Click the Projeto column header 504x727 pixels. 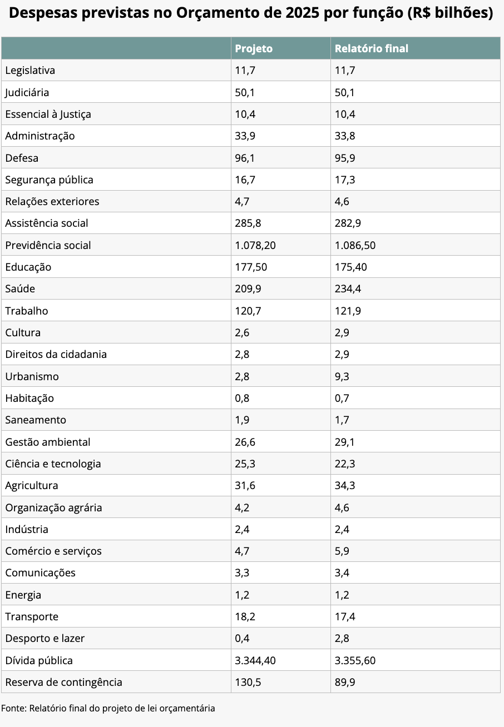point(254,48)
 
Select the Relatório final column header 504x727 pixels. point(371,48)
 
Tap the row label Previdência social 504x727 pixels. point(48,245)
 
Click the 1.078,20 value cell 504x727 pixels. point(255,245)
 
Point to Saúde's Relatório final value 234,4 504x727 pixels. point(348,288)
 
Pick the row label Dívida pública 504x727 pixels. point(38,660)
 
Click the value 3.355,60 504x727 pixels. point(355,660)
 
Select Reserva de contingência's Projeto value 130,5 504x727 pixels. point(248,682)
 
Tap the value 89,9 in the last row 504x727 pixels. point(345,682)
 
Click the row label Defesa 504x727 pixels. point(22,158)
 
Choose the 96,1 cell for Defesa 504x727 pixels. point(245,158)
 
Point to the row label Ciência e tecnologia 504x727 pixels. point(53,464)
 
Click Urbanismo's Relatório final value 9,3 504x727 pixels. point(342,376)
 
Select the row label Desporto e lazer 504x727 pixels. point(45,639)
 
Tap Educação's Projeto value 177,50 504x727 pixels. point(251,267)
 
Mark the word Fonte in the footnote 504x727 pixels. point(14,708)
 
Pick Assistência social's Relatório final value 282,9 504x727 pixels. point(348,223)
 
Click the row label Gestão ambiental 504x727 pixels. point(48,442)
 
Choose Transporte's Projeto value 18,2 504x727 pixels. point(245,616)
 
